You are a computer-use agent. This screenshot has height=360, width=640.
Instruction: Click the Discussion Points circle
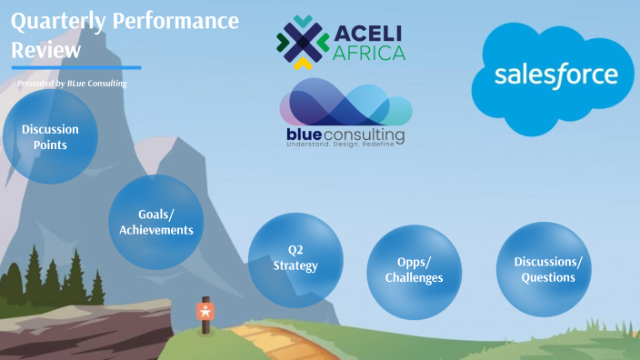[x=50, y=136]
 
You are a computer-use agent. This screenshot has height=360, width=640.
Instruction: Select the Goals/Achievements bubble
[x=155, y=222]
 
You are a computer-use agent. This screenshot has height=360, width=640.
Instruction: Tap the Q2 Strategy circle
[x=295, y=259]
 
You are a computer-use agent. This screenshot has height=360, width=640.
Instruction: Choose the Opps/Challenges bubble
[x=414, y=270]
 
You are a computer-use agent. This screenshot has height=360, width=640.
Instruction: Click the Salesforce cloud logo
[x=555, y=77]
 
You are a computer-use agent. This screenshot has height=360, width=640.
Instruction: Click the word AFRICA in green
[x=369, y=53]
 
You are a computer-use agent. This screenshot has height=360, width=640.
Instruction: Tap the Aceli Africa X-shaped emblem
[x=302, y=43]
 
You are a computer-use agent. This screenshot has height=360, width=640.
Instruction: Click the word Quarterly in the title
[x=56, y=21]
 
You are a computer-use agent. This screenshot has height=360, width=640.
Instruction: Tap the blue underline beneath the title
[x=76, y=67]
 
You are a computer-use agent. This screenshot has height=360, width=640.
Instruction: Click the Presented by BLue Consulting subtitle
[x=71, y=84]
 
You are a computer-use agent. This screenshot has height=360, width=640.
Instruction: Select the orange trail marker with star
[x=205, y=311]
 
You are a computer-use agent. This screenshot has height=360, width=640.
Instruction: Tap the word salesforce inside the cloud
[x=555, y=75]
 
